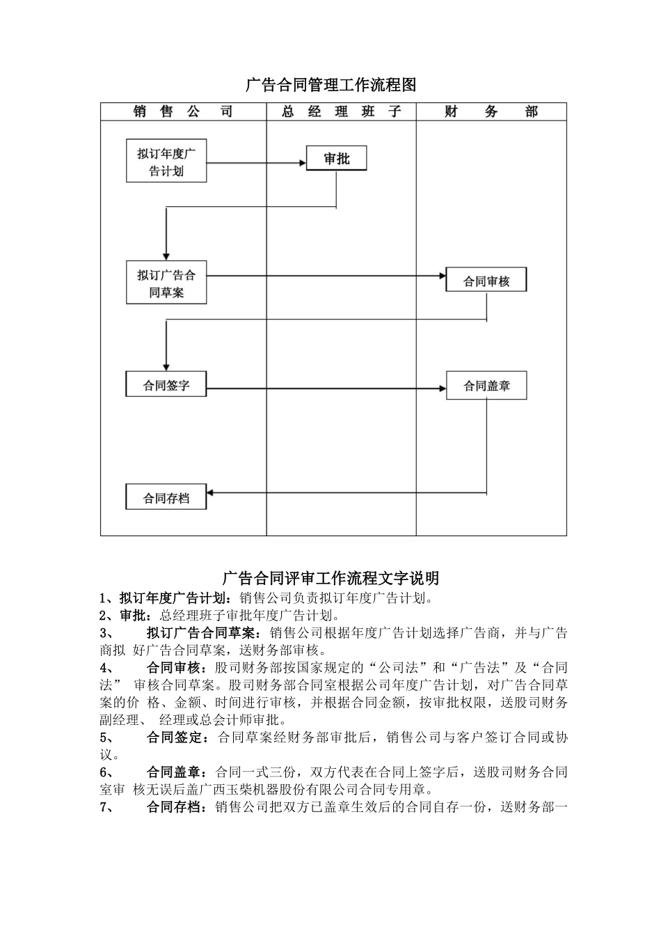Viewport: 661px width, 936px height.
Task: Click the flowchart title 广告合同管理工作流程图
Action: tap(330, 86)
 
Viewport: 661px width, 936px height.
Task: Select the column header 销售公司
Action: tap(183, 111)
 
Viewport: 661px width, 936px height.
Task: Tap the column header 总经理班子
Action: tap(342, 111)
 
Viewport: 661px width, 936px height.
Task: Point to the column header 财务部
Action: tap(491, 111)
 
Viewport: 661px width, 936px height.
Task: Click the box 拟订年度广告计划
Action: tap(166, 162)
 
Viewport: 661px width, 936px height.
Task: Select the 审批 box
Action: tap(337, 159)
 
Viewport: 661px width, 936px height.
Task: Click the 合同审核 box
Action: tap(486, 281)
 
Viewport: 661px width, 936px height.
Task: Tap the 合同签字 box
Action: tap(166, 384)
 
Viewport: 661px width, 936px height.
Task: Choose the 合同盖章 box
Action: tap(486, 386)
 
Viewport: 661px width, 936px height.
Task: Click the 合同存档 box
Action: tap(166, 498)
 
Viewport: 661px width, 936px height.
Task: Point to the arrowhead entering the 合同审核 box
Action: tap(441, 276)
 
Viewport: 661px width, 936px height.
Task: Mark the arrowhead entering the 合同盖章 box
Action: tap(441, 389)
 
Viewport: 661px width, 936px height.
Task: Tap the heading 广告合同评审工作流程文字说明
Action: tap(330, 578)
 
